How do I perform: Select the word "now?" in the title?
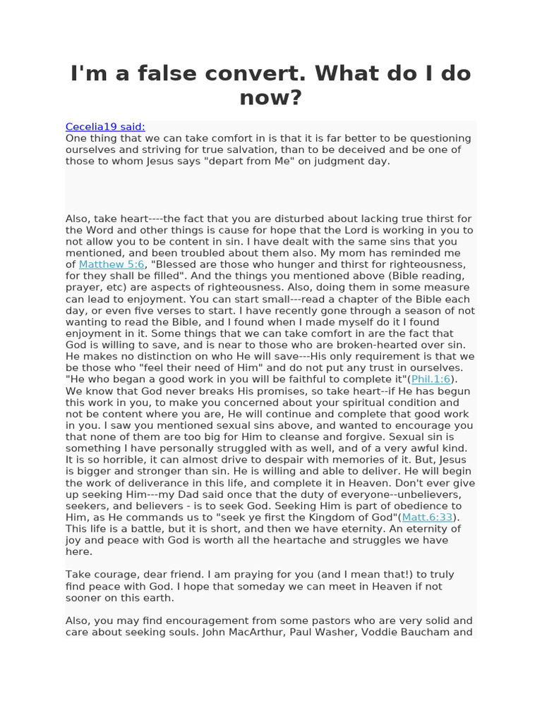(270, 97)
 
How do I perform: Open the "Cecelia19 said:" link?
(105, 127)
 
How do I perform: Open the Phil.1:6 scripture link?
(430, 379)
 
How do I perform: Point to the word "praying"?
(243, 575)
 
